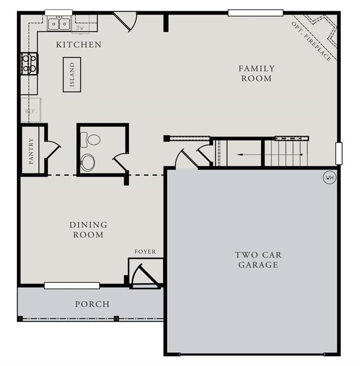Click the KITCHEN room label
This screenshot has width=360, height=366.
(79, 44)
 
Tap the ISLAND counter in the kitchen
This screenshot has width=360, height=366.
(72, 74)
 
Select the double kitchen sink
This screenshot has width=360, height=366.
(59, 24)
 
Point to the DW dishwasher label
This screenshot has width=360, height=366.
(80, 28)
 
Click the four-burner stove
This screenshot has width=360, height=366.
(29, 64)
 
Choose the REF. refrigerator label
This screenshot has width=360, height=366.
(31, 111)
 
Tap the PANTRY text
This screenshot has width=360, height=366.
(31, 151)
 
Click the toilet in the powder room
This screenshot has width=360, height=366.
(91, 140)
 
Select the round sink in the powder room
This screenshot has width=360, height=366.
(88, 162)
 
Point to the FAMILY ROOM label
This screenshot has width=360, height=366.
(256, 73)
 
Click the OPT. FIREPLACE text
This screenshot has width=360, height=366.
(312, 41)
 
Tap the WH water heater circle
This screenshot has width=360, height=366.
(330, 178)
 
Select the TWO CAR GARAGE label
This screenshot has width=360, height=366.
(258, 260)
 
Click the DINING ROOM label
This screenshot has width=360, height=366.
(88, 230)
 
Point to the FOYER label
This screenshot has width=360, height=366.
(145, 252)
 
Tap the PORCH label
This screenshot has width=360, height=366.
(92, 304)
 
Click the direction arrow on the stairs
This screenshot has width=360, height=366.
(269, 155)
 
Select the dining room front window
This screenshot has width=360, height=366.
(72, 286)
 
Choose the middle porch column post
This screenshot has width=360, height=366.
(116, 318)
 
